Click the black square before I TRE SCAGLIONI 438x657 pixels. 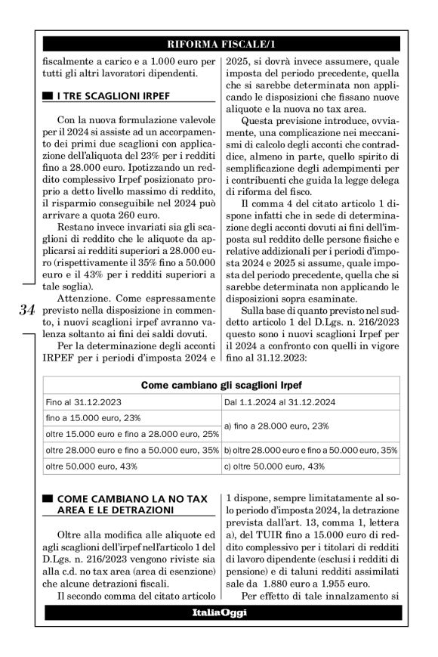47,95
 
